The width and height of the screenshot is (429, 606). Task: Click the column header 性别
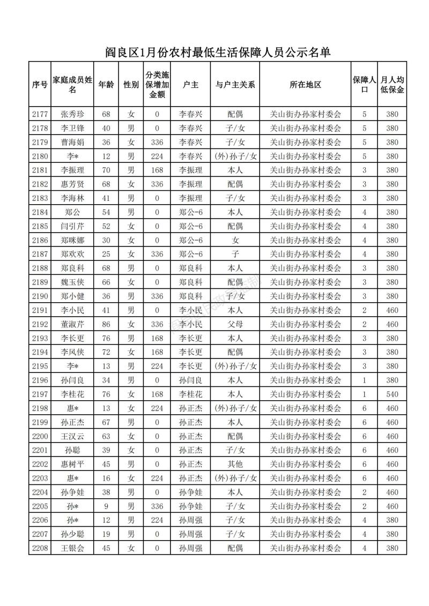(131, 85)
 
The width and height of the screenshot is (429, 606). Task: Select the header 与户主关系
(235, 85)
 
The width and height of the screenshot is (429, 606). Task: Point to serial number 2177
(40, 114)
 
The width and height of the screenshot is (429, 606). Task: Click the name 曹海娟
(72, 142)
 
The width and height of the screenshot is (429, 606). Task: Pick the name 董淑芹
(72, 324)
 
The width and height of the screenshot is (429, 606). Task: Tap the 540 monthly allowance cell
(392, 394)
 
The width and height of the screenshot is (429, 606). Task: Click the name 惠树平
(72, 464)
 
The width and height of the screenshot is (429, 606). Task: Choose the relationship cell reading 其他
(235, 464)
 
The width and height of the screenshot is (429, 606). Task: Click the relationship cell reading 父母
(235, 324)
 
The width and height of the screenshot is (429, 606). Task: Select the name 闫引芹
(72, 226)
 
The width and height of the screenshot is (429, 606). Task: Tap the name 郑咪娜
(72, 240)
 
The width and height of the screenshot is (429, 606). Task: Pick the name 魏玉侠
(72, 282)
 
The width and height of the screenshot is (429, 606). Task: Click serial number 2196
(40, 380)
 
